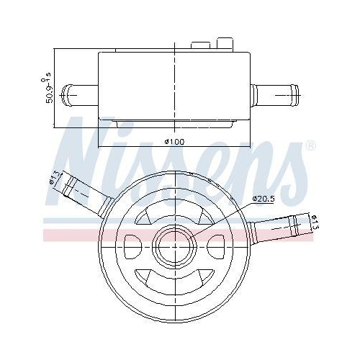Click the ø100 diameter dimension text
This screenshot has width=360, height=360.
(x=175, y=141)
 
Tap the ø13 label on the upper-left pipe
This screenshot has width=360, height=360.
(x=53, y=178)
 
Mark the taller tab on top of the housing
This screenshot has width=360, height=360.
(x=225, y=45)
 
